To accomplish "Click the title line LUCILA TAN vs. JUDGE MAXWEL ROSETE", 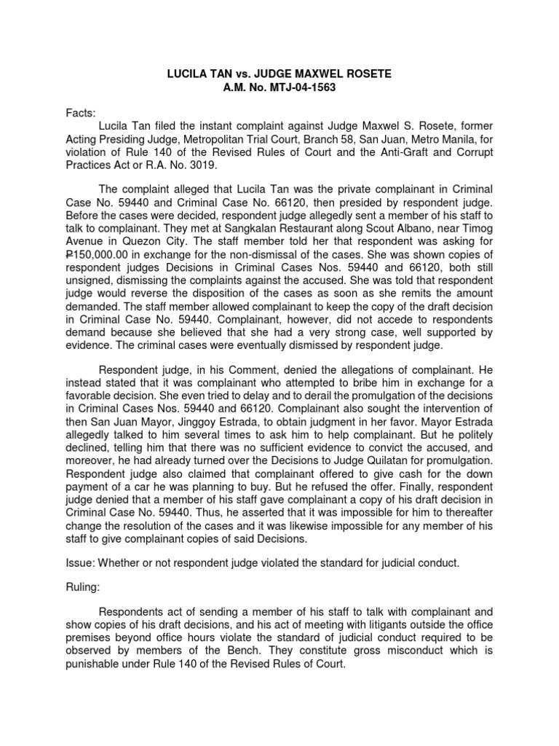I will point(279,74).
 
